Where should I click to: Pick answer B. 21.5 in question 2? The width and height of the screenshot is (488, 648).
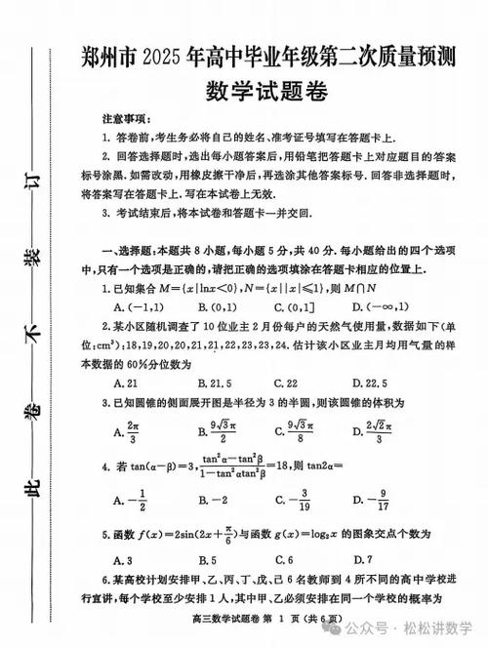click(218, 383)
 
